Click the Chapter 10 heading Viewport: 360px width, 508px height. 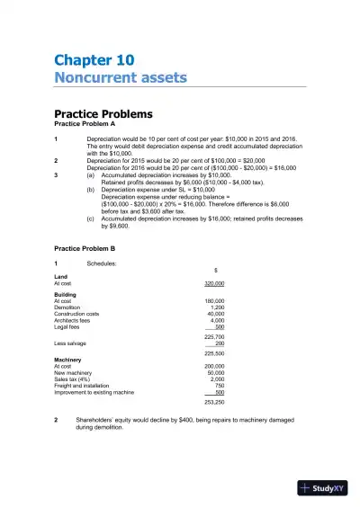coord(94,60)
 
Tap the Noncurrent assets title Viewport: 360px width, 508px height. coord(121,77)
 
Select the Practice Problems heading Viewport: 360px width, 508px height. coord(103,114)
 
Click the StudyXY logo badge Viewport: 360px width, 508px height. coord(322,487)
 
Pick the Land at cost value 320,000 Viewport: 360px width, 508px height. coord(214,283)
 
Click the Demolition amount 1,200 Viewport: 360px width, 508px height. coord(217,307)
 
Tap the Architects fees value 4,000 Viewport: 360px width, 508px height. coord(217,319)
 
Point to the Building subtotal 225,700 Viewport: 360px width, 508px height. coord(214,336)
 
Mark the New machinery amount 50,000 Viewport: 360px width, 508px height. coord(215,373)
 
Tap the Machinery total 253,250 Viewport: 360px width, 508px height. coord(214,402)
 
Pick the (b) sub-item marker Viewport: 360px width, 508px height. coord(90,191)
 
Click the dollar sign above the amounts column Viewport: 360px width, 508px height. coord(214,270)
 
